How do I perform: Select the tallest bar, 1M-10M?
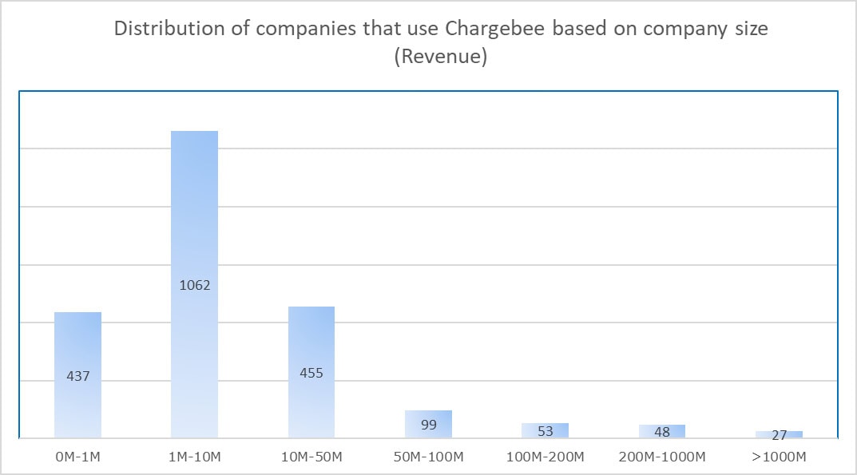point(195,208)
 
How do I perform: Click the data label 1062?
point(195,285)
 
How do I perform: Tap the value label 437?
point(77,376)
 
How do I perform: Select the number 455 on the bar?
point(311,373)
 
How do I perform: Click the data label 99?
point(428,425)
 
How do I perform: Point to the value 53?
point(545,431)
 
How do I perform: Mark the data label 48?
point(662,432)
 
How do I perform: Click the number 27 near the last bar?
point(779,435)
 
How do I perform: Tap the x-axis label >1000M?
point(779,457)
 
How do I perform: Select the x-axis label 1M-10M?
point(195,457)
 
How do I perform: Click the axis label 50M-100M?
point(428,457)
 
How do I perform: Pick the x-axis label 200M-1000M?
point(662,457)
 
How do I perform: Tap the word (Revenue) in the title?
point(441,57)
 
